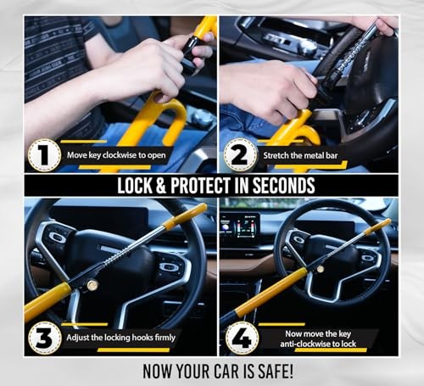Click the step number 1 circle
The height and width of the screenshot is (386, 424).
pyautogui.click(x=43, y=155)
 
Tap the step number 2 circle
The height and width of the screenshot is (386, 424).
pyautogui.click(x=241, y=155)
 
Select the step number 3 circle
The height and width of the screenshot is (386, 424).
pyautogui.click(x=43, y=337)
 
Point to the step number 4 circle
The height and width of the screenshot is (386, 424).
pyautogui.click(x=243, y=337)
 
